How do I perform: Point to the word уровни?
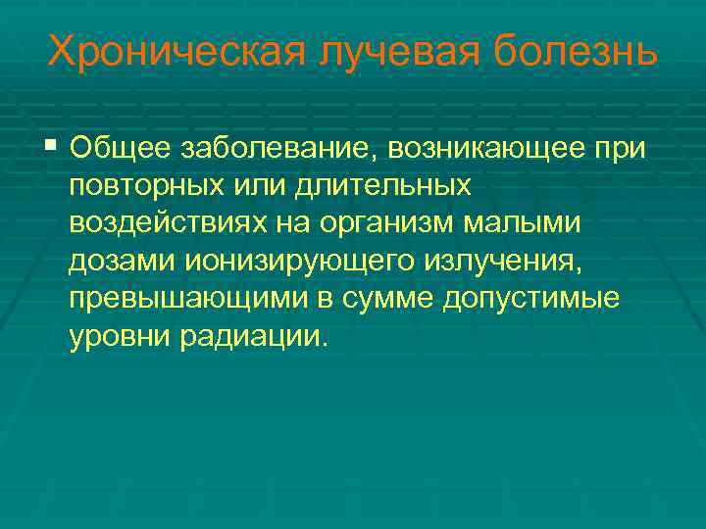pos(117,336)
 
